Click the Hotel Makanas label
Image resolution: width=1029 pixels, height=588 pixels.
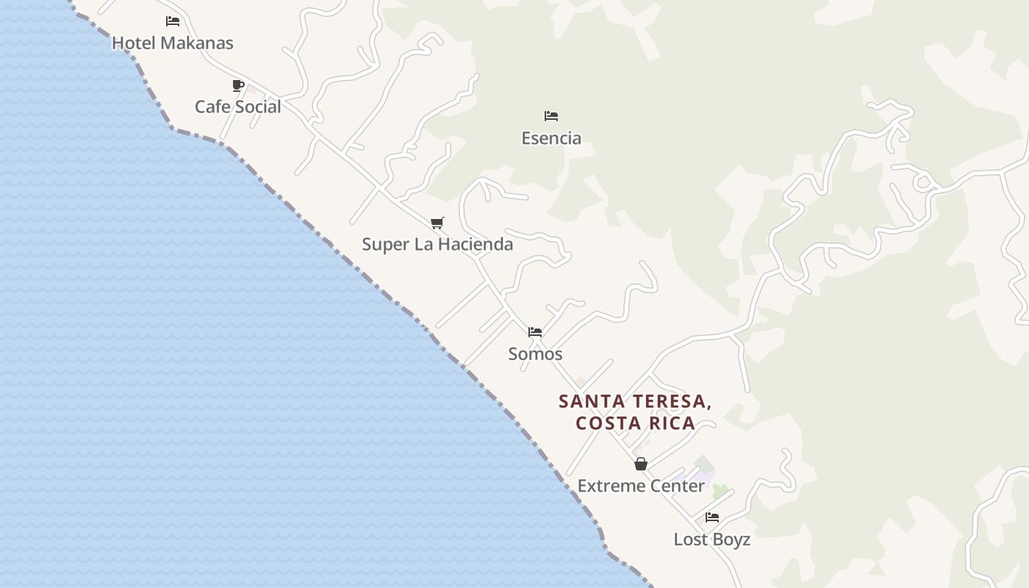[172, 43]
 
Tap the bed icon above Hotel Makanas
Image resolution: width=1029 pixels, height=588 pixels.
[173, 21]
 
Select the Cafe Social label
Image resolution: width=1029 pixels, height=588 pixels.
[237, 107]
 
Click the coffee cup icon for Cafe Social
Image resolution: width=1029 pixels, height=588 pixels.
[238, 86]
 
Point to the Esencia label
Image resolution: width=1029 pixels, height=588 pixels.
[551, 138]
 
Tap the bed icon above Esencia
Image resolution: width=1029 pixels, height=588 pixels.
[551, 116]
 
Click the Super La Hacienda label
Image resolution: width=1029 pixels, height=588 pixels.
[437, 244]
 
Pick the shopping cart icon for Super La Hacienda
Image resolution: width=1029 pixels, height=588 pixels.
[437, 223]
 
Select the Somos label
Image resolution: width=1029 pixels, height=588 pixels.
[535, 354]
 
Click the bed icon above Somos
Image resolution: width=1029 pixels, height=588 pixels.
[535, 332]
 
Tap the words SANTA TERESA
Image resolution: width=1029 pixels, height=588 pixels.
[635, 401]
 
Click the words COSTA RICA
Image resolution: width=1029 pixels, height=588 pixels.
[636, 423]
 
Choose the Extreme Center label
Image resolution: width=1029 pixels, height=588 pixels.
[641, 486]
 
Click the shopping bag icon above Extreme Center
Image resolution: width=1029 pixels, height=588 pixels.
[641, 464]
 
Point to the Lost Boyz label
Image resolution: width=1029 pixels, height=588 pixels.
[711, 539]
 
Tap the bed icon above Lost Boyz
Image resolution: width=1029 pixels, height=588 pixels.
[711, 517]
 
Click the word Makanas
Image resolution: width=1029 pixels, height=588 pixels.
[197, 43]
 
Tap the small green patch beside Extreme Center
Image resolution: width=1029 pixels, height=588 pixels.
[720, 491]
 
